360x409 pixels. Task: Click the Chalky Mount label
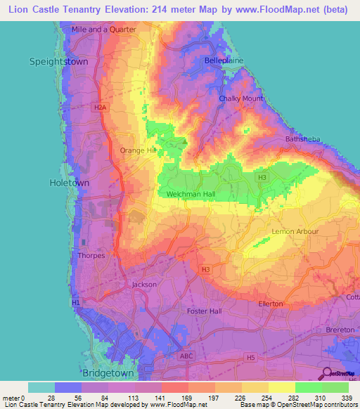240,98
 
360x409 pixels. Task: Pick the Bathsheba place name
303,139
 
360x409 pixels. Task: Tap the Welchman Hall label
191,194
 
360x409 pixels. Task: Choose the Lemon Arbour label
295,231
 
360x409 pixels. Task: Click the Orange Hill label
137,150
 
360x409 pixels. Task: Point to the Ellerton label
270,304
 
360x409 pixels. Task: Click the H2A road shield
100,108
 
